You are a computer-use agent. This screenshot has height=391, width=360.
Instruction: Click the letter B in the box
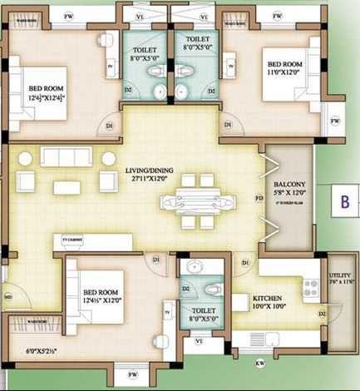click(342, 200)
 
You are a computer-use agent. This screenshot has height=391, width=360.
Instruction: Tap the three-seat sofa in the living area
click(67, 158)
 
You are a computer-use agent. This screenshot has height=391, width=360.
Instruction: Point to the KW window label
click(260, 364)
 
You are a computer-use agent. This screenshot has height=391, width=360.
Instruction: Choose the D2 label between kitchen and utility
click(322, 314)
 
